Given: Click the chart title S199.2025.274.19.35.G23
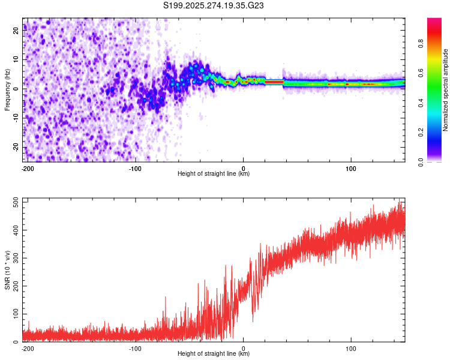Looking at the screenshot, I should pos(214,5).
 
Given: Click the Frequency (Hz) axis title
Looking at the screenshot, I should pos(7,91).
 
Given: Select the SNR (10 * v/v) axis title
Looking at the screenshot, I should pos(7,271).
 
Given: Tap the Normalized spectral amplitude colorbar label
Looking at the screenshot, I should pos(446,91).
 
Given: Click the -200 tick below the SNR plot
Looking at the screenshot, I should pos(27,348).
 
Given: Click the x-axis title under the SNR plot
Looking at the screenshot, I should pos(214,354).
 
